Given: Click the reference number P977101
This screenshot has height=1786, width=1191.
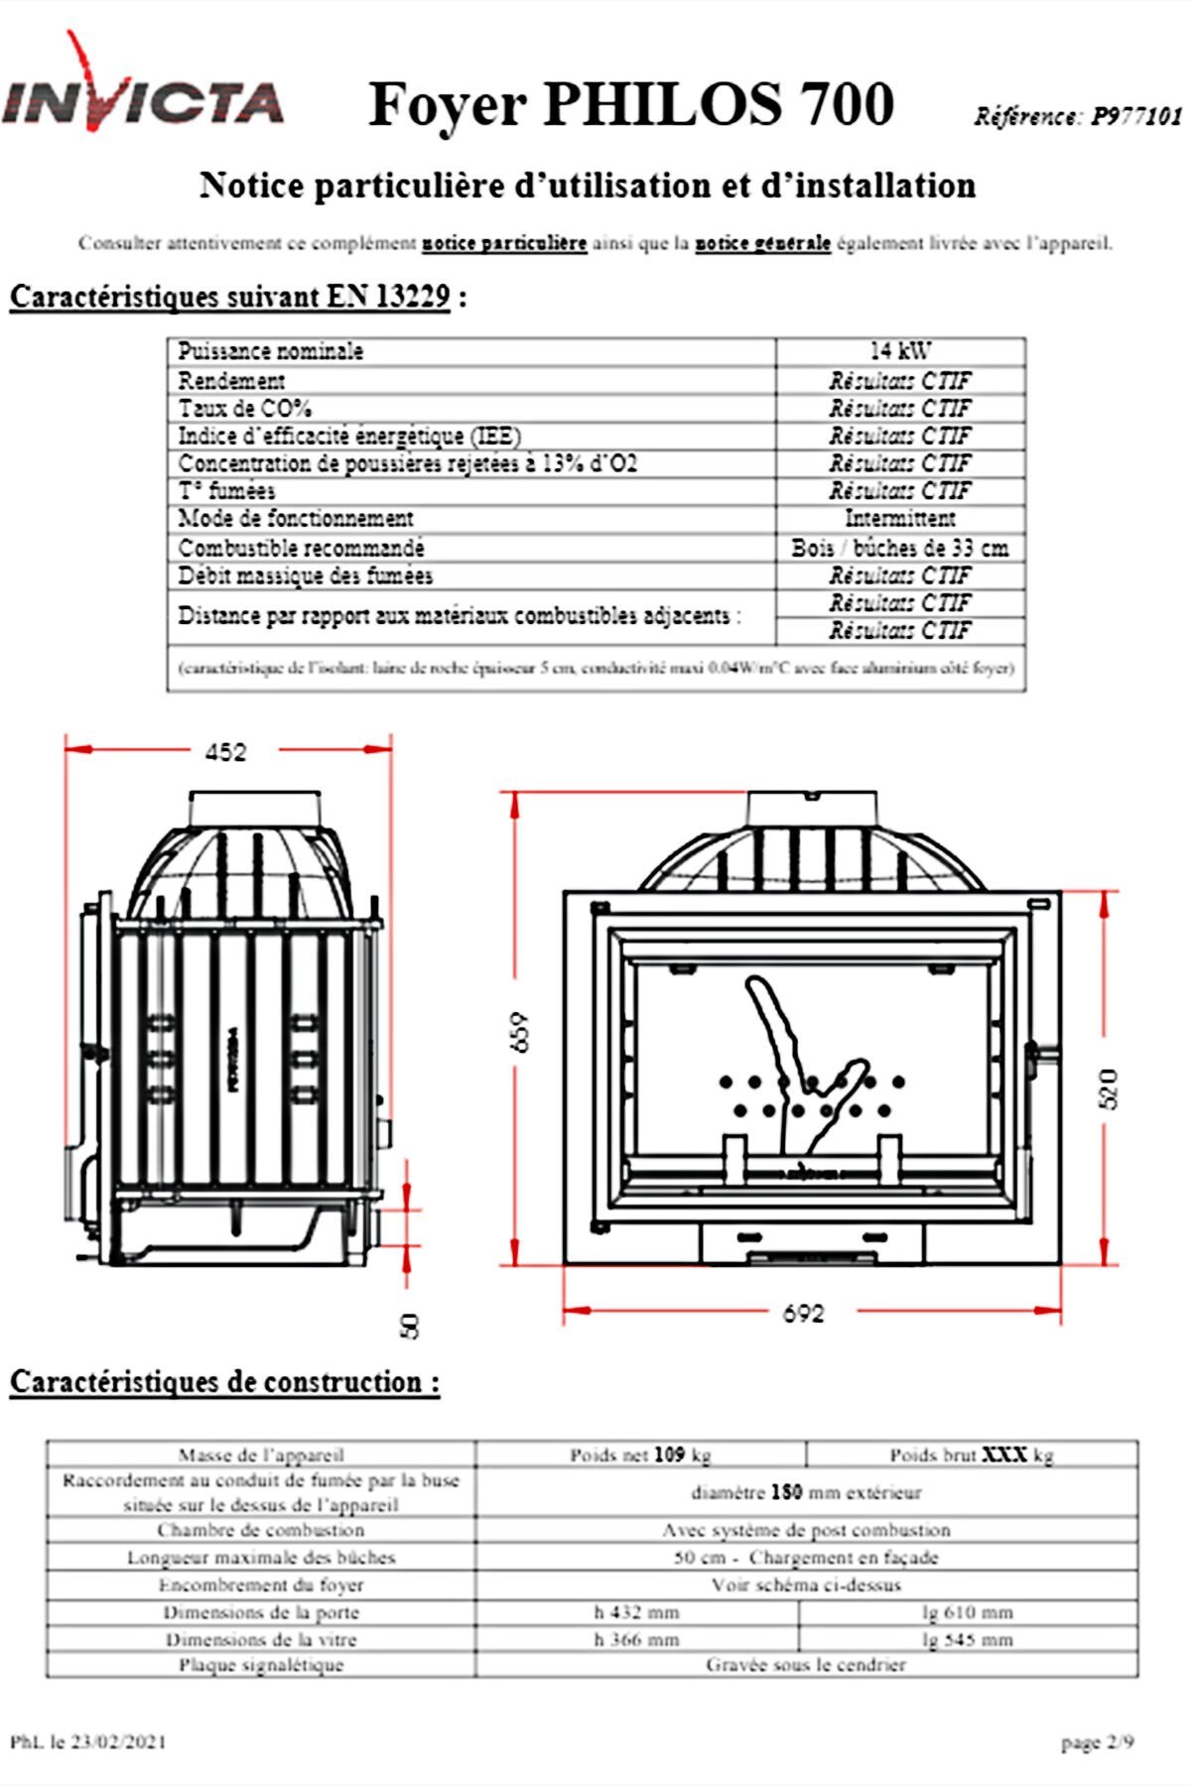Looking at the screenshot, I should (x=1136, y=117).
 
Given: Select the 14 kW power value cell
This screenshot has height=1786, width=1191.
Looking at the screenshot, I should (x=900, y=351).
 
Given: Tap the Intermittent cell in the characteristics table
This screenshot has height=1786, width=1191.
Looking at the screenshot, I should (x=900, y=518).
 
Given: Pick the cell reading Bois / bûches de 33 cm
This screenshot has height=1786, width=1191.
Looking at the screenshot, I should (x=900, y=548).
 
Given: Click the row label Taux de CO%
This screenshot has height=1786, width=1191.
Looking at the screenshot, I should (x=245, y=408).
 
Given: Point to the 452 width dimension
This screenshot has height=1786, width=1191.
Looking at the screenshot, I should (x=225, y=753).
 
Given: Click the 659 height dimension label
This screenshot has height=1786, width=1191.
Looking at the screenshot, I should (x=523, y=1032).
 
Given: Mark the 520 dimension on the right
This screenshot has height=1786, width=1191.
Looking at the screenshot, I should (x=1111, y=1089).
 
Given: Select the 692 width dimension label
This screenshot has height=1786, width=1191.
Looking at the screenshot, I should (x=804, y=1314).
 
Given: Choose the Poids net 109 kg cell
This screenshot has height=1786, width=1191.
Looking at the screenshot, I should (x=641, y=1456).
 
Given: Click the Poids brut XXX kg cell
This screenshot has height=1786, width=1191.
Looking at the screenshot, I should (x=972, y=1456).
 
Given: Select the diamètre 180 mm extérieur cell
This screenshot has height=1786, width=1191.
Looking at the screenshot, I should (x=806, y=1492).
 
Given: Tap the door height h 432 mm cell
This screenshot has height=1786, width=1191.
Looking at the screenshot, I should (x=637, y=1612).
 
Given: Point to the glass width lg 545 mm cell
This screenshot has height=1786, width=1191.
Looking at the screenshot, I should (x=968, y=1640).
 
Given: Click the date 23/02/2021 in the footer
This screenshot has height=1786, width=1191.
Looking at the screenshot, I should (x=117, y=1741).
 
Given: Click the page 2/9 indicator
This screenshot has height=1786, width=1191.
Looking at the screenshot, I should (x=1097, y=1742).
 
